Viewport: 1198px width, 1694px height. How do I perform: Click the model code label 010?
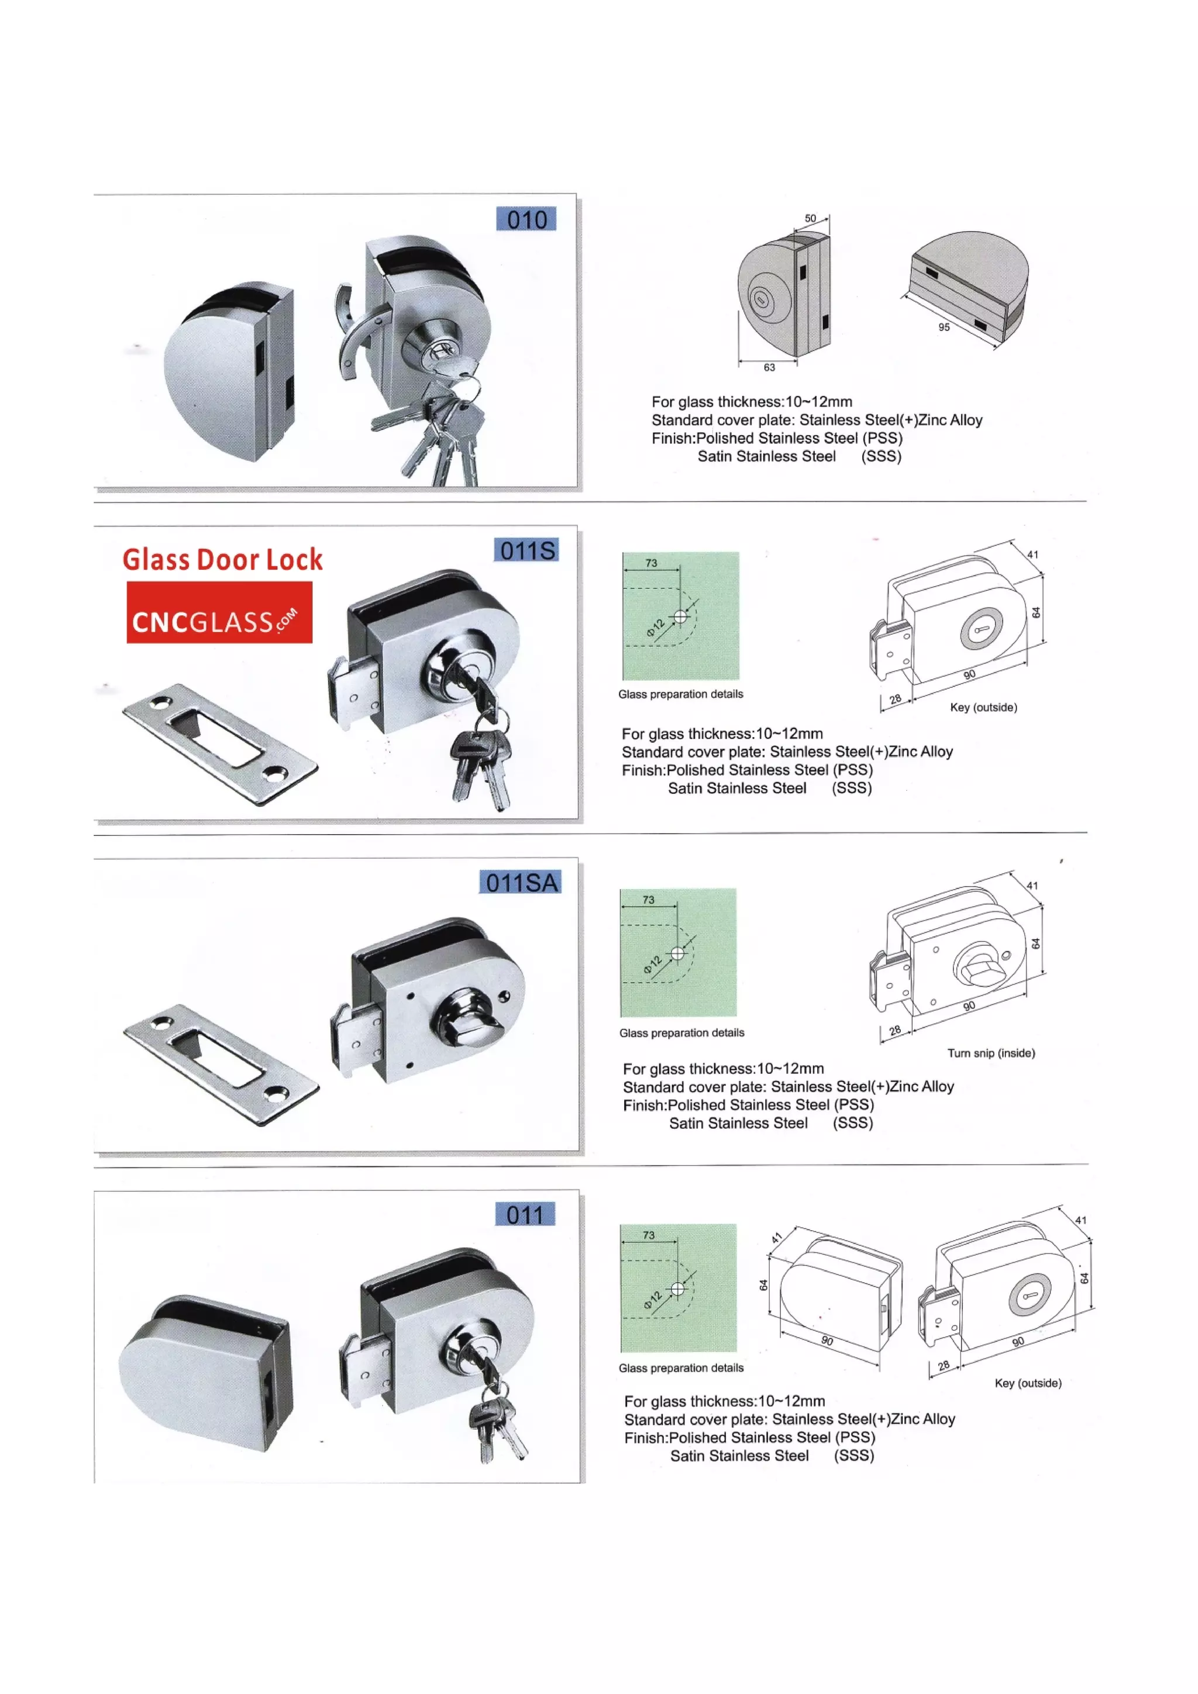coord(526,219)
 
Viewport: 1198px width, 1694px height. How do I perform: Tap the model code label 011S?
coord(526,550)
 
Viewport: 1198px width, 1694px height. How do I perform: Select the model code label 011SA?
coord(521,883)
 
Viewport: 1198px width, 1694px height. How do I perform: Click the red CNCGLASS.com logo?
coord(219,612)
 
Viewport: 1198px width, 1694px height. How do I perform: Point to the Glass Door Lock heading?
coord(222,559)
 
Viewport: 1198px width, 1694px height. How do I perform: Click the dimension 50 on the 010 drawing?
coord(810,218)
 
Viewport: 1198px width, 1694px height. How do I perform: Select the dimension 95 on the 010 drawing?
coord(944,327)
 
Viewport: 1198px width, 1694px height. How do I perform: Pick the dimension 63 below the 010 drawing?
coord(769,367)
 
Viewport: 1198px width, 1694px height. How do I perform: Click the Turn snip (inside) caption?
coord(991,1053)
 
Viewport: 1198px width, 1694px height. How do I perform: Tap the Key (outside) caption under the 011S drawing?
coord(983,707)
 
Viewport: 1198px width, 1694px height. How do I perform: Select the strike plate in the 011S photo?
coord(220,745)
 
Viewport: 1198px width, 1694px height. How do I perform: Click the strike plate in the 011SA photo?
coord(221,1064)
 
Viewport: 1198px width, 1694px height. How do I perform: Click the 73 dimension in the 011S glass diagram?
coord(650,563)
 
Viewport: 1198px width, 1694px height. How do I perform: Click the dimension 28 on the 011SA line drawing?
coord(895,1030)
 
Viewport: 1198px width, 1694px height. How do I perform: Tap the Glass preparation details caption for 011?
coord(681,1368)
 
